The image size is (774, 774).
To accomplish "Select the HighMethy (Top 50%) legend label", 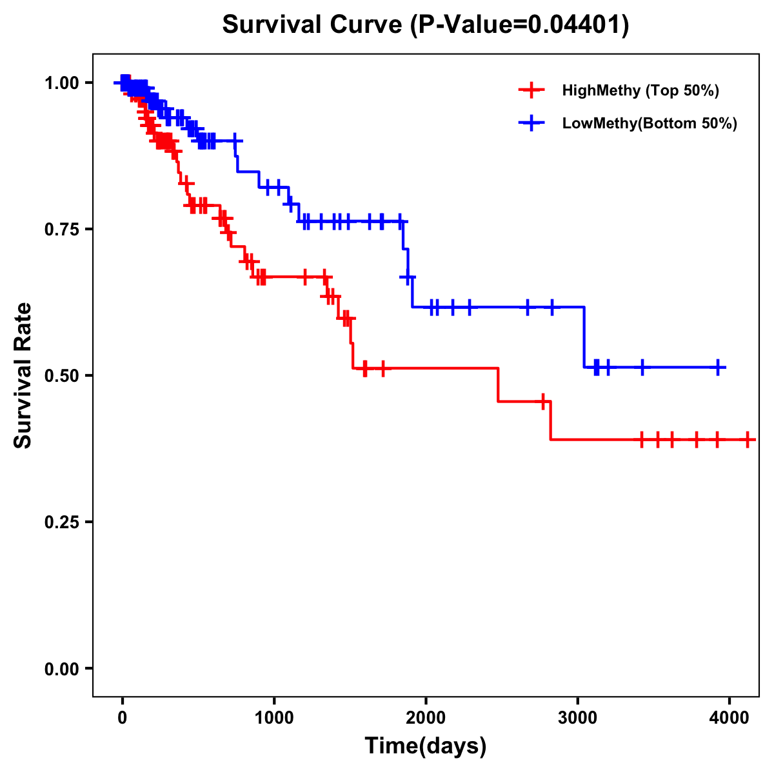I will (640, 90).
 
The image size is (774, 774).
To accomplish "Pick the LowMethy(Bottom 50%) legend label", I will (650, 123).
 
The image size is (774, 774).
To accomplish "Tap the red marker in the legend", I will (531, 90).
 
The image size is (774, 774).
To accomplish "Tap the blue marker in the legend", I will (531, 123).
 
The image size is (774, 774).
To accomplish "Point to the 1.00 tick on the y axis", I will (61, 83).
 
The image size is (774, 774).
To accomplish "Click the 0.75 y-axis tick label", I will (61, 229).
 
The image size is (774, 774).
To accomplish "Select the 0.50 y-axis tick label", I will (61, 375).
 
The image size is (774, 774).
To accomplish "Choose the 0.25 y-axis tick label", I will (61, 522).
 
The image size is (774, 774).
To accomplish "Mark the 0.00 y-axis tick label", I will (61, 668).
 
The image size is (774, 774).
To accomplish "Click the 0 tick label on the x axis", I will (122, 718).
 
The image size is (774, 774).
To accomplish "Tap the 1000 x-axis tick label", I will (273, 718).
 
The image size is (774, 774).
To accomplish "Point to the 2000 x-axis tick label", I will (426, 718).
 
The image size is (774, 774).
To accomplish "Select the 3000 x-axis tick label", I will (577, 718).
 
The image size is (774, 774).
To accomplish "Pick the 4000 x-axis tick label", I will (729, 718).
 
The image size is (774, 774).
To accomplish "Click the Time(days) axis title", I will (426, 746).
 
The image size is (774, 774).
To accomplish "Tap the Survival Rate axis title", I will (23, 375).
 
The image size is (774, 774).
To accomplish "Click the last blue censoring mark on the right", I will (718, 368).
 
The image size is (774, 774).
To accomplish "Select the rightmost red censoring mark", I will (747, 440).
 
